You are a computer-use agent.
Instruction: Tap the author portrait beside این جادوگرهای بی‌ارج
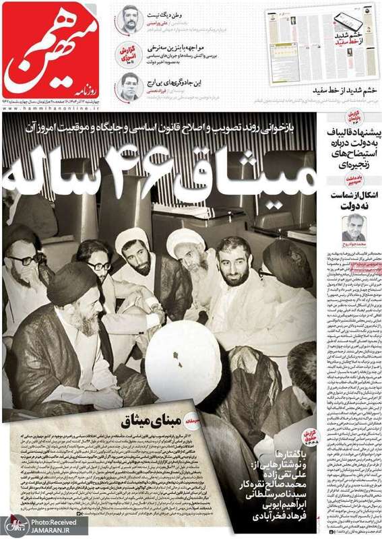pyautogui.click(x=129, y=88)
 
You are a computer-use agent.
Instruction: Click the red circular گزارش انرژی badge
pyautogui.click(x=129, y=53)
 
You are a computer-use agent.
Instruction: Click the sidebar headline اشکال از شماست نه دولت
pyautogui.click(x=350, y=199)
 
